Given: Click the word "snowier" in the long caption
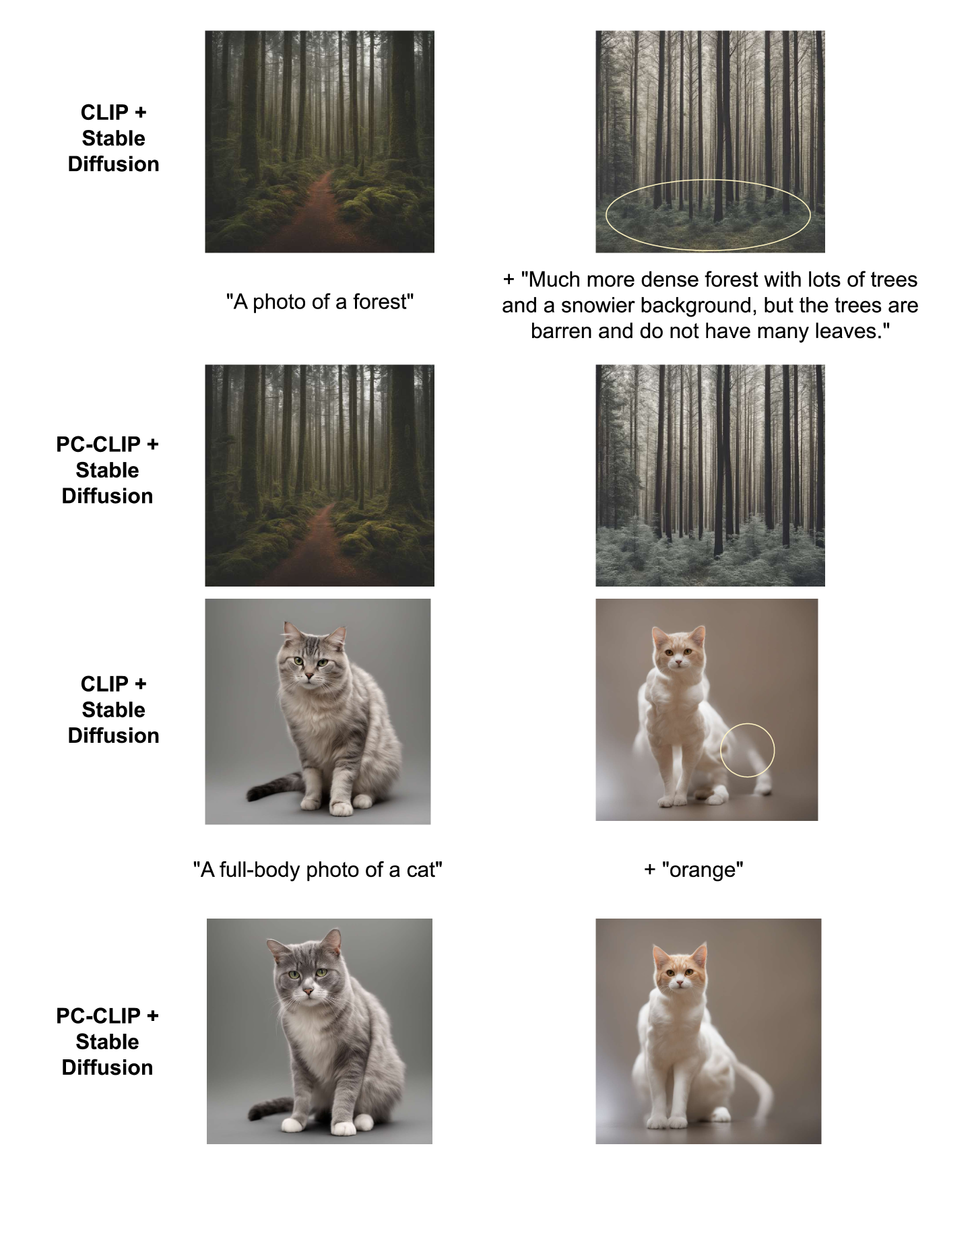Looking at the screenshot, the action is coord(597,305).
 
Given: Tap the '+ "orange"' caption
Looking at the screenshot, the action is coord(694,869).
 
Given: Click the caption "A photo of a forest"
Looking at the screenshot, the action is coord(320,302).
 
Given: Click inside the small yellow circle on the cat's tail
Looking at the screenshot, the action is coord(747,750).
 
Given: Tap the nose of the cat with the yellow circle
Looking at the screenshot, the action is coord(678,664).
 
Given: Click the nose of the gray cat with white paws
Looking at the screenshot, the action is coord(307,993).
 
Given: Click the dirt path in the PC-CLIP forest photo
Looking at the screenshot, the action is coord(317,545).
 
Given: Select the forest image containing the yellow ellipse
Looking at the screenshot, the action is coord(710,141).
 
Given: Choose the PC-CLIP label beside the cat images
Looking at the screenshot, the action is coord(107,1041).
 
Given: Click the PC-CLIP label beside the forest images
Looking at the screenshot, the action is coord(107,470).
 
